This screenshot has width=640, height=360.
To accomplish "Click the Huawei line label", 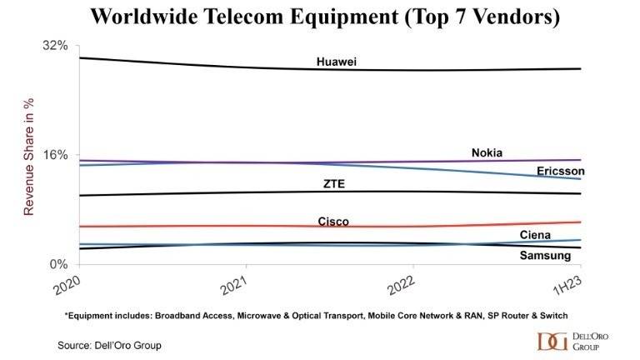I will tap(337, 62).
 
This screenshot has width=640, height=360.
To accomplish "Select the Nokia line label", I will tap(487, 152).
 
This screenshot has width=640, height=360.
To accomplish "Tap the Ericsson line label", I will tap(560, 171).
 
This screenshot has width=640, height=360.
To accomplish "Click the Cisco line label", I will tap(333, 222).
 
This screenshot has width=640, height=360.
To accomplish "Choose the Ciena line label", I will tap(535, 235).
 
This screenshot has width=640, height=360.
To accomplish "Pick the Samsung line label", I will tap(545, 255).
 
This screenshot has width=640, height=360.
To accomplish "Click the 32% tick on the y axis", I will tap(54, 45).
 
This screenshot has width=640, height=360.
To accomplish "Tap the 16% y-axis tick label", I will tap(54, 155).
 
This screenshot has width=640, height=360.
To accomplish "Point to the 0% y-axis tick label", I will tap(57, 264).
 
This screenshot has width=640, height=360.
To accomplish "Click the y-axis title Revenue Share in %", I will tap(28, 156).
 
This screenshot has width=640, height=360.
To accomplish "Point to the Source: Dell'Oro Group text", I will tap(109, 344).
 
